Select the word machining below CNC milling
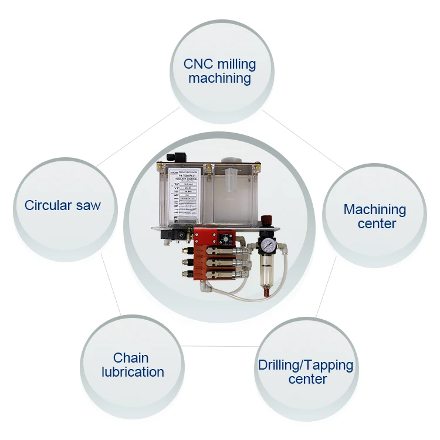point(220,78)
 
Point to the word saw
point(89,205)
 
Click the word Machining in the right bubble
point(374,209)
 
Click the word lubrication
point(133,372)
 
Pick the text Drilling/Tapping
point(306,365)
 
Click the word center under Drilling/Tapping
point(307,380)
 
